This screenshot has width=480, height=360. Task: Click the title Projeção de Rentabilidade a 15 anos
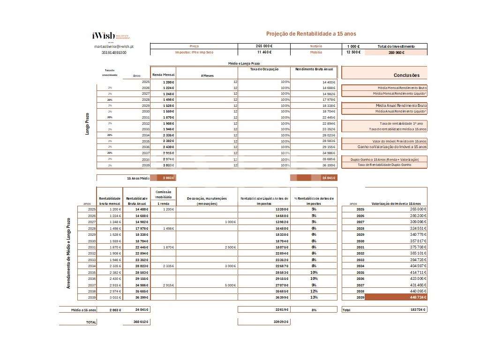click(311, 34)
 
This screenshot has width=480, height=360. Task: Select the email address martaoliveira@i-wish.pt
click(114, 46)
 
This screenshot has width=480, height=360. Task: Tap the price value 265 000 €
click(264, 46)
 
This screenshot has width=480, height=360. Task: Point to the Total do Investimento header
click(396, 46)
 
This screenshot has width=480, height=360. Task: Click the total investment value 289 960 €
click(396, 52)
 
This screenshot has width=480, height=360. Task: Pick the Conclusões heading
click(406, 75)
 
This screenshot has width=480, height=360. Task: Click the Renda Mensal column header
click(164, 75)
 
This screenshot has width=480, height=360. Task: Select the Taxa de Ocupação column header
click(264, 69)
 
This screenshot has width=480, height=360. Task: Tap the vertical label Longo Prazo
click(87, 124)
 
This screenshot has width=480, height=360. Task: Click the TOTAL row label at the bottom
click(90, 322)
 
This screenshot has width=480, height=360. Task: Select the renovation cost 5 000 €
click(230, 285)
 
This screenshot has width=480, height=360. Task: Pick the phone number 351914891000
click(114, 52)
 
